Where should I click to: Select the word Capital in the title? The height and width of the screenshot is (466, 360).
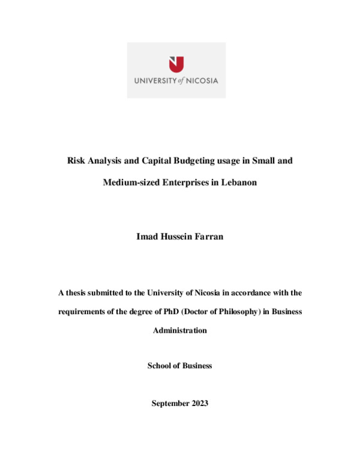(155, 161)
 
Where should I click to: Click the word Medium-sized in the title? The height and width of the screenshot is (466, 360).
(130, 182)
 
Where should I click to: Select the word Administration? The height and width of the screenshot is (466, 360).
(179, 330)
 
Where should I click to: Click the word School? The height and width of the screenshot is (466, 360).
(160, 366)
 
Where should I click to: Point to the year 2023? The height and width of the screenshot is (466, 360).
(199, 404)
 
